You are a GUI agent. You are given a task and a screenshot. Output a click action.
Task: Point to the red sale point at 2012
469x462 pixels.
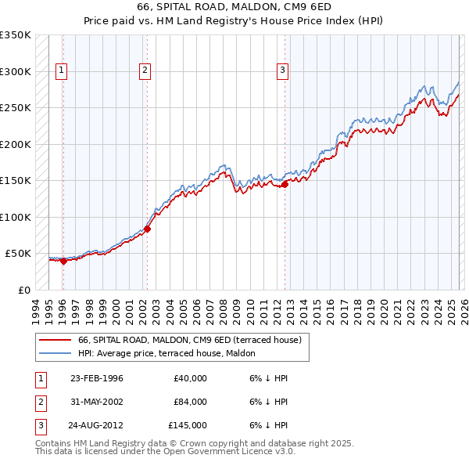click(285, 184)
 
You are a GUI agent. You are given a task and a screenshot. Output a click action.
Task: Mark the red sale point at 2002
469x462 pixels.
click(147, 229)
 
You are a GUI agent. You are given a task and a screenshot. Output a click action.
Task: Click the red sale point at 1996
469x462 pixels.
click(63, 261)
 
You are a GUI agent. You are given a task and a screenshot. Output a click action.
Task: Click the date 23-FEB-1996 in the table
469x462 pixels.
click(96, 379)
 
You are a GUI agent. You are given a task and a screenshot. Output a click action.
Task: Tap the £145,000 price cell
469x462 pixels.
click(188, 426)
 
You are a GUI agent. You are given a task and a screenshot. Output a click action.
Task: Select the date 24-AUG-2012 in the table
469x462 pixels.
click(96, 426)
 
